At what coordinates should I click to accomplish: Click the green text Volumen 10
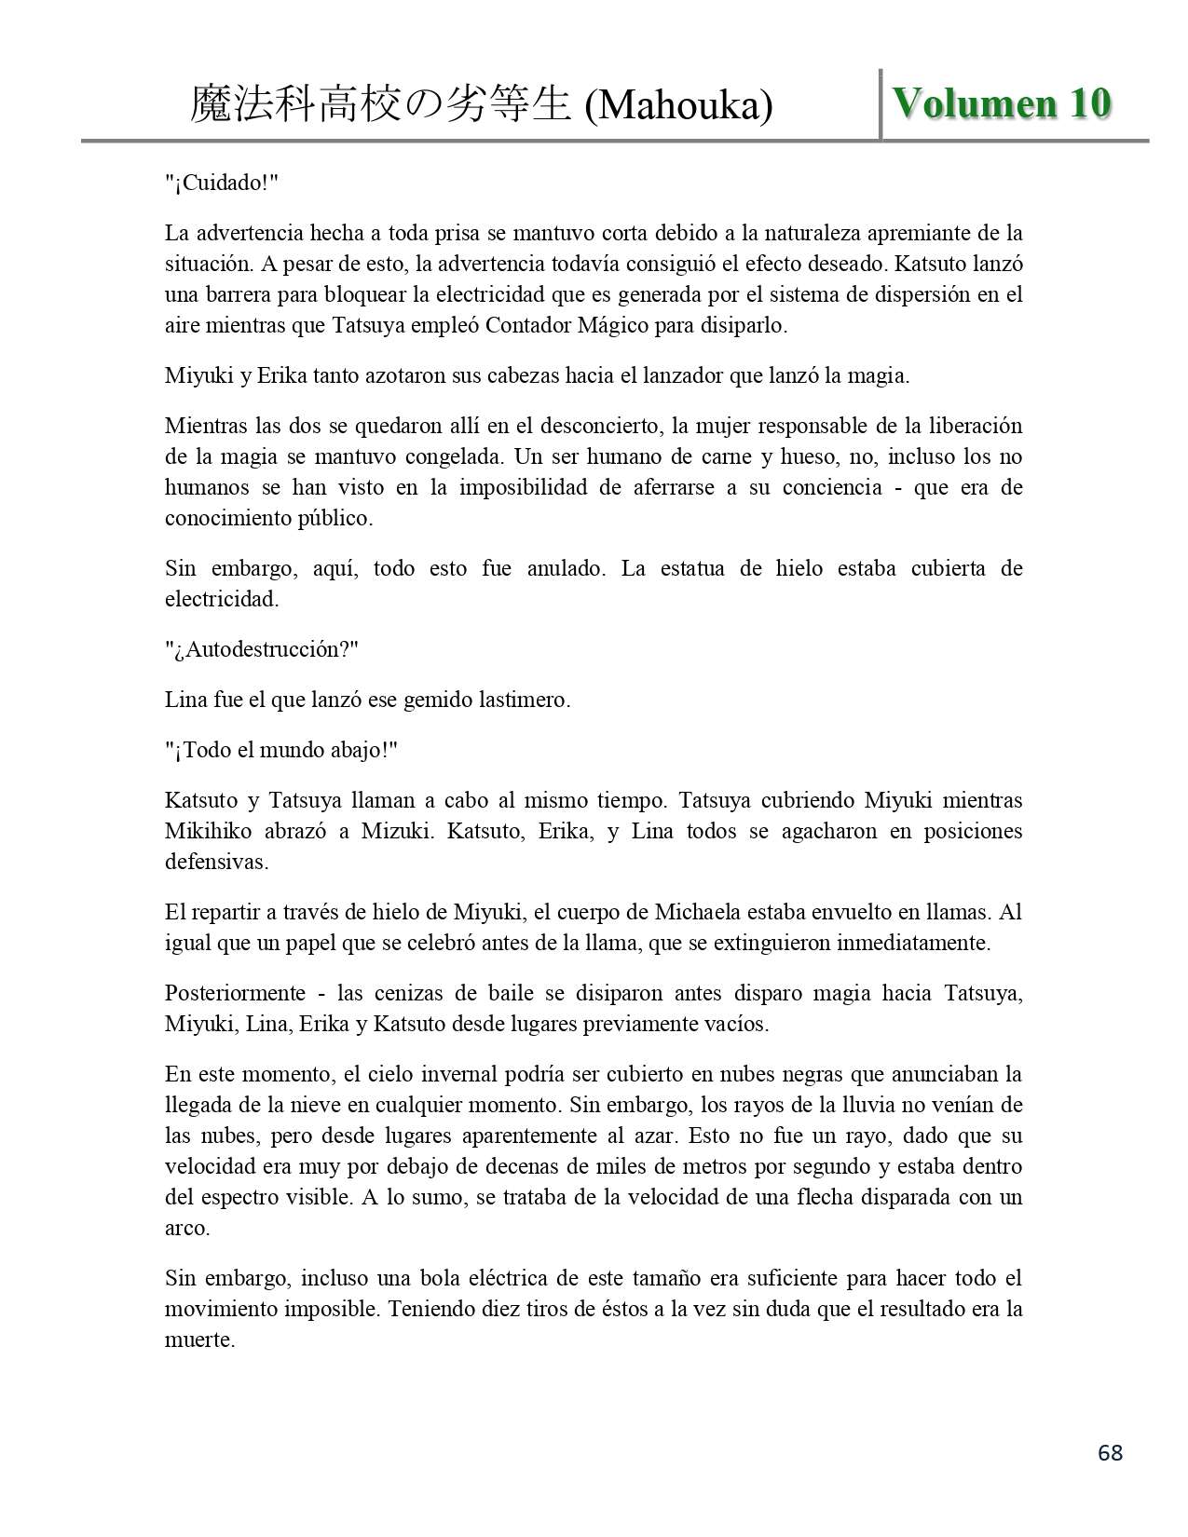1002,103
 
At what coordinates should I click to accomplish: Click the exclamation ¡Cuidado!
222,183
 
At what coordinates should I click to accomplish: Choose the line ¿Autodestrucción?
261,649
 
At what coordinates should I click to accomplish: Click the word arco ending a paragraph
186,1228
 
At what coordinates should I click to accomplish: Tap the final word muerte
198,1340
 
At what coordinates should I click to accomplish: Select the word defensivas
216,862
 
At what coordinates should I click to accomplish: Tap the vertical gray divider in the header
881,103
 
